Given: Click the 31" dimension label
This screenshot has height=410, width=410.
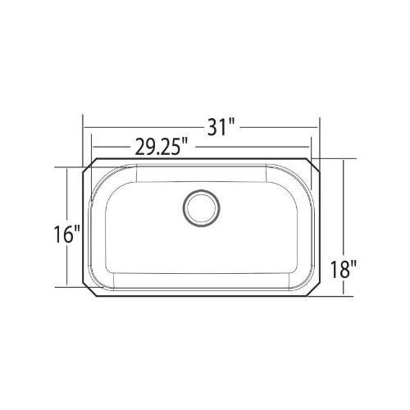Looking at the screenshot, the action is coord(221,127).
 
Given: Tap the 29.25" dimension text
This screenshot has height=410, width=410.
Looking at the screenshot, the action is coord(162,147).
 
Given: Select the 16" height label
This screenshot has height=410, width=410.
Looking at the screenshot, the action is coord(67,235).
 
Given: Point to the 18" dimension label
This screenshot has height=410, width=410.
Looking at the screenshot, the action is coord(344,269).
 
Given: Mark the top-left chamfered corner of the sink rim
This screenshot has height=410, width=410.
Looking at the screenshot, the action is coord(89,165).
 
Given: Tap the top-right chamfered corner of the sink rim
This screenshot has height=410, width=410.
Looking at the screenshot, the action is coord(313,165).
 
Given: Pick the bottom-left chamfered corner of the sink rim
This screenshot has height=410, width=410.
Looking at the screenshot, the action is coord(89,289).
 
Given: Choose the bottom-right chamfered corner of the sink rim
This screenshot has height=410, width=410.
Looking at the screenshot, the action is coord(313,289).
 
